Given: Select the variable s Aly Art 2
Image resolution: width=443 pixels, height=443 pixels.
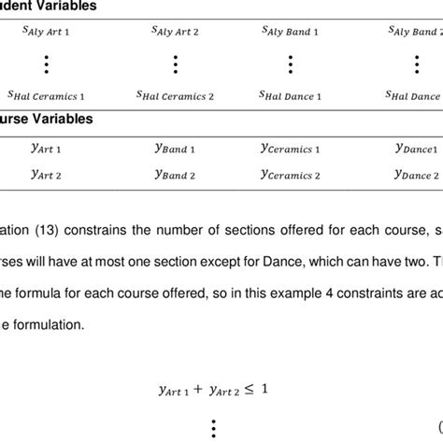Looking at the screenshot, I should pos(175,31).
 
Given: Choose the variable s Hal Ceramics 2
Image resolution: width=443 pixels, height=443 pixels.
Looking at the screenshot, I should pos(175,95).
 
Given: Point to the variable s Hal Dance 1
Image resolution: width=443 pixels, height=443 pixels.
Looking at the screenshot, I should pos(290,95).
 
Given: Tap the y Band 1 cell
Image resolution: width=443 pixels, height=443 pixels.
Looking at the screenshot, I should pos(175,148).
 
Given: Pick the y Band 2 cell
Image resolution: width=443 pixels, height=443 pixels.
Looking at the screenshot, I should pos(175,174).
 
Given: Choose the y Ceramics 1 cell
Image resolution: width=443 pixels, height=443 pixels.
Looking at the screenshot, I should pos(290,148).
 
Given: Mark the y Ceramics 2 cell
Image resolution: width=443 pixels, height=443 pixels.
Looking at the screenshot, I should pos(290,174).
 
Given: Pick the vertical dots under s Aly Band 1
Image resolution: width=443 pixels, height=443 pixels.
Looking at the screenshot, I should pos(290,64).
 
